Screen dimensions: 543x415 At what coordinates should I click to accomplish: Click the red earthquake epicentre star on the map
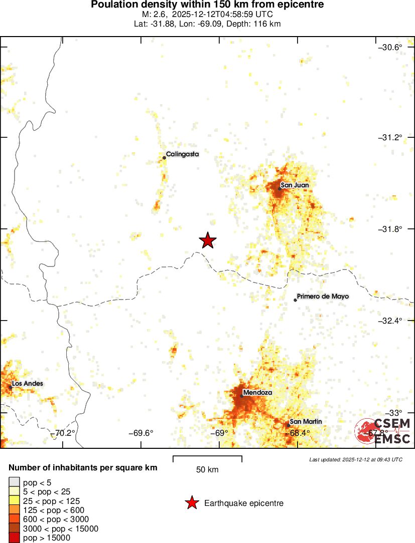tap(208, 241)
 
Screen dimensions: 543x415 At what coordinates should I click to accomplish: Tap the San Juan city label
tap(295, 185)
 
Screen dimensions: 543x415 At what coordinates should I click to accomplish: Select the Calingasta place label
tap(183, 154)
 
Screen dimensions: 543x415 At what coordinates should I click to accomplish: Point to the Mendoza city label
tap(257, 393)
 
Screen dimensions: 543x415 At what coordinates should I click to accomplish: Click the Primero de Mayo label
tap(323, 297)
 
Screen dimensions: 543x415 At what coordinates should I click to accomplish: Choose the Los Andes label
tap(28, 384)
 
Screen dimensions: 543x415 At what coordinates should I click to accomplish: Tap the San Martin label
tap(306, 422)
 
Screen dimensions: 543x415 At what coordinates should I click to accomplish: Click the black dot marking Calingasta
tap(164, 158)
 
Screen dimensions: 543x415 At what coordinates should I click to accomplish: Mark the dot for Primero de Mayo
tap(295, 300)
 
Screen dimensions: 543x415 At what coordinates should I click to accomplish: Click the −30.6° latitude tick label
tap(390, 48)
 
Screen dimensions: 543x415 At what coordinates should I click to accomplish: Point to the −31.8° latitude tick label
tap(390, 229)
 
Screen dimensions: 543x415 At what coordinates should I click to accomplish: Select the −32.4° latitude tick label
tap(390, 321)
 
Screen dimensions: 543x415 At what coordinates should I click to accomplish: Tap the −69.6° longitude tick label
tap(141, 433)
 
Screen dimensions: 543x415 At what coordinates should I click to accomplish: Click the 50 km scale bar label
tap(207, 470)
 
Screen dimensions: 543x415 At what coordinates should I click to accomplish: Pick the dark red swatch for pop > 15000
tap(15, 538)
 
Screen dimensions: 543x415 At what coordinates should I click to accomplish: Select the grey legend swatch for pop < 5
tap(15, 483)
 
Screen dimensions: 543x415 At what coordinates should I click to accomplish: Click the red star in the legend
tap(191, 503)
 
